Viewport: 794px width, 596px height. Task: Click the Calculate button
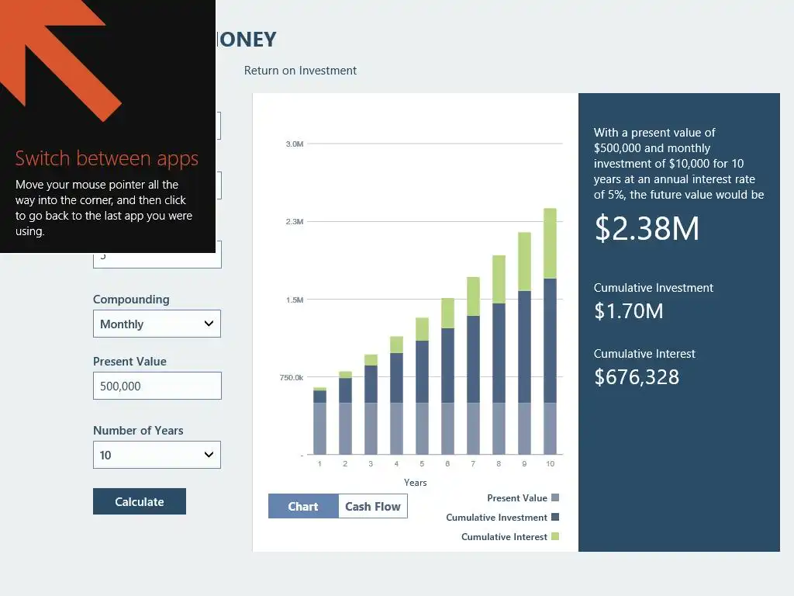point(140,501)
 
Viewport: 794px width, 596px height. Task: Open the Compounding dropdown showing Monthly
point(157,324)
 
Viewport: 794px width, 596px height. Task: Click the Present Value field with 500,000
point(157,386)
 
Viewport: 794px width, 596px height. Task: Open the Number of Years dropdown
point(157,455)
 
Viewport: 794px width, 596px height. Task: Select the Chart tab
point(303,507)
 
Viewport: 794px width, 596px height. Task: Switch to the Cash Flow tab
point(373,507)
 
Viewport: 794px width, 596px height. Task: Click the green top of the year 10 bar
point(550,243)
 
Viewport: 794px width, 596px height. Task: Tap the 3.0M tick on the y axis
point(295,144)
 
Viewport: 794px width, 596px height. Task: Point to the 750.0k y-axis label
point(291,377)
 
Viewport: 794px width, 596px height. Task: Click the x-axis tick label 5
point(422,463)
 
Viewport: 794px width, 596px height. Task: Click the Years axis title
point(415,482)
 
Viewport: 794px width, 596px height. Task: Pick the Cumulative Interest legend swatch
point(554,536)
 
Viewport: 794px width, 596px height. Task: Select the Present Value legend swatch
point(554,497)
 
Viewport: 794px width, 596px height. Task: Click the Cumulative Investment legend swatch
point(554,517)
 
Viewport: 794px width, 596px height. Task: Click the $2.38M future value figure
point(647,228)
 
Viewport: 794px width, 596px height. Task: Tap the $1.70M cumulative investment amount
point(628,311)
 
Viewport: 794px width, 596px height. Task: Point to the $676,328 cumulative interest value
point(637,377)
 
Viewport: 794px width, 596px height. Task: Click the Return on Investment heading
point(300,71)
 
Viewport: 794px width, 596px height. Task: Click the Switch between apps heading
point(107,158)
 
